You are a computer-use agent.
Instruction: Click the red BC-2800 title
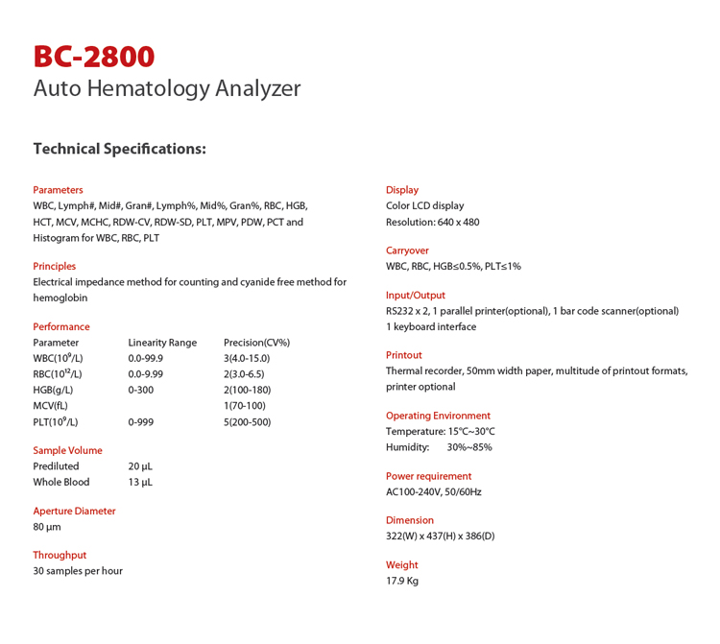pos(93,57)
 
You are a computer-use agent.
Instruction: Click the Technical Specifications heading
pos(119,149)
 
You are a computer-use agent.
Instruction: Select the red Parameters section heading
pos(58,190)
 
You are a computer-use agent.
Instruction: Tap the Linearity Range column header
pos(162,343)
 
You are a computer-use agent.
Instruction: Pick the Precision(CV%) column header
pos(256,343)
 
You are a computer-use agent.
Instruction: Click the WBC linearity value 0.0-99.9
pos(146,358)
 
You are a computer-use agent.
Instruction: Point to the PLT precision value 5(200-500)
pos(247,421)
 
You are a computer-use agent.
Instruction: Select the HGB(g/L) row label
pos(53,390)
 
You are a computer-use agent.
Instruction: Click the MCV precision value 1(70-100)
pos(244,406)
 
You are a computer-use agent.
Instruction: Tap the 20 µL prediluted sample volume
pos(140,466)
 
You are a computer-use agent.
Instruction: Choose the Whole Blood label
pos(61,482)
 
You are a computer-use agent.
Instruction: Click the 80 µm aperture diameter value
pos(47,527)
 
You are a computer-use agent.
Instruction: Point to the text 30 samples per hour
pos(78,571)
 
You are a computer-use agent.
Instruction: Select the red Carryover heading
pos(407,250)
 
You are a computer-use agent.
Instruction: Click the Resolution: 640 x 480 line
pos(432,222)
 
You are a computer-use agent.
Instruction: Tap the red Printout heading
pos(404,355)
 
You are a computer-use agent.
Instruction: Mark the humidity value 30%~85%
pos(469,447)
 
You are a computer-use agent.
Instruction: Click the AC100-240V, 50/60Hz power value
pos(434,491)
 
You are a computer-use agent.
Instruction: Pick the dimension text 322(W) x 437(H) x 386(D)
pos(441,536)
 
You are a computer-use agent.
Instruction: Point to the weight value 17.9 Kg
pos(402,581)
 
